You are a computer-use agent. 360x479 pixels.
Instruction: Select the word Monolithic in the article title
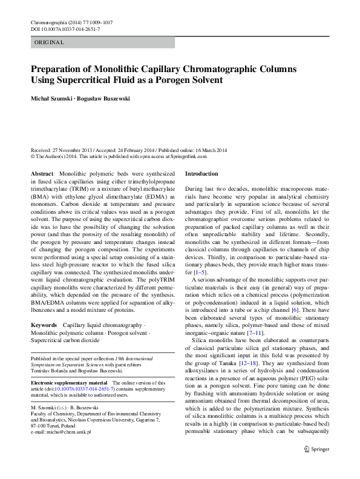pyautogui.click(x=103, y=68)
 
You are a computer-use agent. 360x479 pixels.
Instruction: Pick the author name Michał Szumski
pyautogui.click(x=52, y=98)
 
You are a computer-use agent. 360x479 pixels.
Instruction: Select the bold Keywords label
pyautogui.click(x=44, y=325)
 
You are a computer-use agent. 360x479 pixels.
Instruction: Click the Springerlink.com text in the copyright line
pyautogui.click(x=188, y=156)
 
